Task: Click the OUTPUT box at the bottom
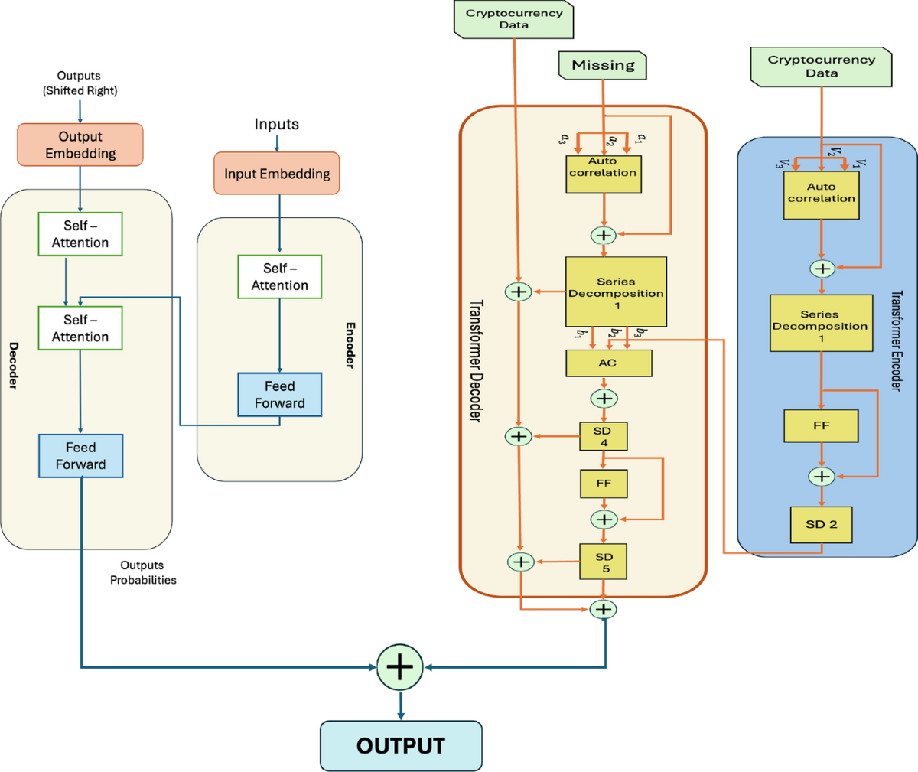[401, 745]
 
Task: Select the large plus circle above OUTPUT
[399, 667]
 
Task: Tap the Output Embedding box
[80, 145]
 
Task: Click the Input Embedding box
[277, 174]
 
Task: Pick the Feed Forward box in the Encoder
[279, 395]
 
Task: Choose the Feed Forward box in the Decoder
[80, 456]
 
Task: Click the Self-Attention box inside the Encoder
[279, 277]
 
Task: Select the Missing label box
[603, 65]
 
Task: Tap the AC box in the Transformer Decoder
[608, 363]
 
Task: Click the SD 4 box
[604, 437]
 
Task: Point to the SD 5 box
[604, 562]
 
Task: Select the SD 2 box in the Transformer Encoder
[821, 524]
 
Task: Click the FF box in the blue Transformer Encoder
[821, 425]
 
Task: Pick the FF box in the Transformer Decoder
[604, 484]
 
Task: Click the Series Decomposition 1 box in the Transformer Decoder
[616, 292]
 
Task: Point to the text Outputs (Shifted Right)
[80, 83]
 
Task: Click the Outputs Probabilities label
[142, 572]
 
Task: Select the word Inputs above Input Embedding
[276, 124]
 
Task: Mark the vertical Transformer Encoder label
[897, 340]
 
